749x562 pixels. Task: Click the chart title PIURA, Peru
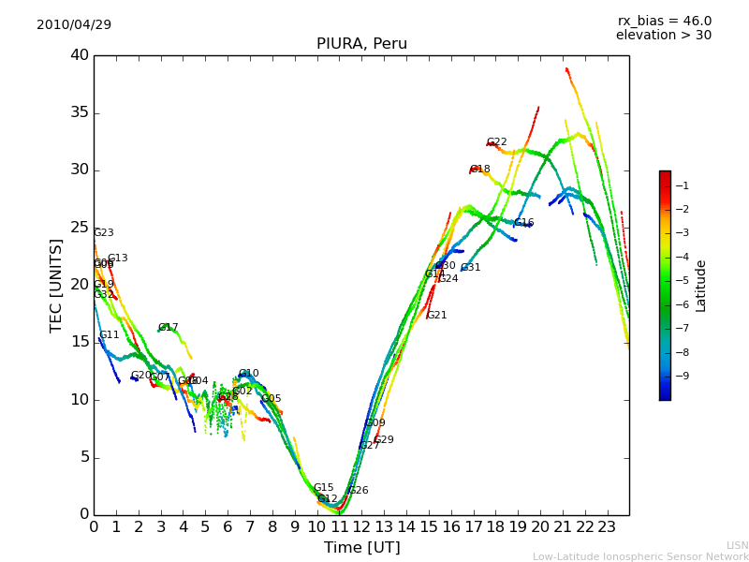coord(361,44)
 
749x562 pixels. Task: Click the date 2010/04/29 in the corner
coord(74,24)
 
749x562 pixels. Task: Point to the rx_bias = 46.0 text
coord(664,21)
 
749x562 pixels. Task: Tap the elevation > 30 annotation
coord(663,36)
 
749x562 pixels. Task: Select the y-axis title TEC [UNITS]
coord(57,285)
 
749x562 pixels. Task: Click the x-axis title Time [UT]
coord(361,547)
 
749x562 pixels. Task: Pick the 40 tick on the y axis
coord(80,55)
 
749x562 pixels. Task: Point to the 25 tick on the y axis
coord(80,228)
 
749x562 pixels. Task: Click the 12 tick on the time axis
coord(361,527)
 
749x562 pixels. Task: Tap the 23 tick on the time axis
coord(607,527)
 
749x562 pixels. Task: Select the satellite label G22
coord(496,142)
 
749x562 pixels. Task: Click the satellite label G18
coord(479,170)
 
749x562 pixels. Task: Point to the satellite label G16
coord(523,223)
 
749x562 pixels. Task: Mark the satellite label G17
coord(168,328)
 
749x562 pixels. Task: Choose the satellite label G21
coord(436,316)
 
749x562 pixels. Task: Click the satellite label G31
coord(470,268)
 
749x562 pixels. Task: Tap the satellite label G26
coord(358,491)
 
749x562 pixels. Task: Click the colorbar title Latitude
coord(701,285)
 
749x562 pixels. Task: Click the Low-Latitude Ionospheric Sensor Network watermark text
coord(640,556)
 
